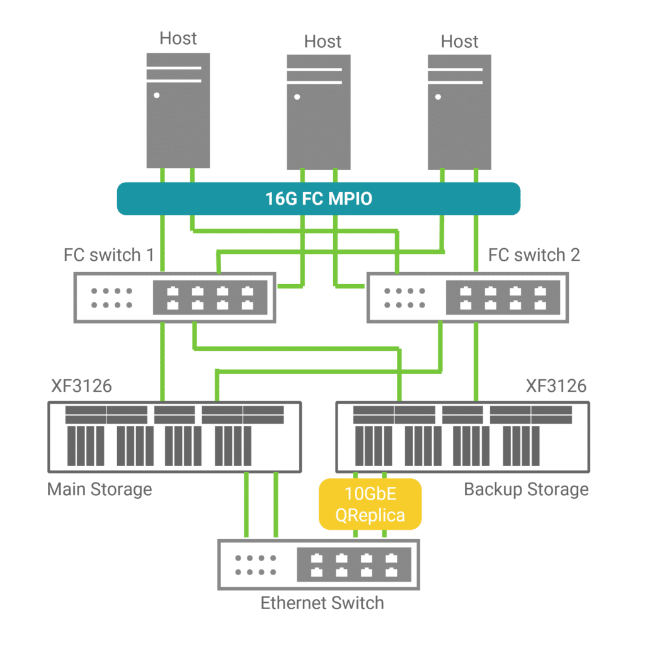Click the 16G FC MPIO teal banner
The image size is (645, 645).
pos(319,199)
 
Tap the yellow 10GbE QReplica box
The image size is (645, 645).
pos(370,504)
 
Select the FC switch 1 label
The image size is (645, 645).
pos(109,255)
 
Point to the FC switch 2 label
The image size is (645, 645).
pos(534,255)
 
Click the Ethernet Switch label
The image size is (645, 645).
pos(322,603)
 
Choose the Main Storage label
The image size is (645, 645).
pos(100,489)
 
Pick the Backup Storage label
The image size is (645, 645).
pos(526,489)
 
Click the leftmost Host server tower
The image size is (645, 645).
pos(178,110)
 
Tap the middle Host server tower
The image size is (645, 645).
pos(319,111)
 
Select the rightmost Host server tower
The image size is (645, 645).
pos(459,111)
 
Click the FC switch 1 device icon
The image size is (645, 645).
pos(174,297)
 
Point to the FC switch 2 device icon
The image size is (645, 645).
pos(467,297)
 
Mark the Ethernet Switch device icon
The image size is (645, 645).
pos(319,564)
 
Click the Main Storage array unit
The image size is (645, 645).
pos(174,437)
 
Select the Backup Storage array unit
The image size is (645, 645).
pos(463,437)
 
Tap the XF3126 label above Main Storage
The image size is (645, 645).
pos(81,385)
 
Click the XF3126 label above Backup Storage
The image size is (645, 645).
pos(556,385)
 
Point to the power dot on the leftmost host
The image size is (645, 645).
pos(156,96)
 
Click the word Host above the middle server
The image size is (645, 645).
pos(322,42)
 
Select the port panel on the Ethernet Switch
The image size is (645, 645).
pos(355,564)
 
